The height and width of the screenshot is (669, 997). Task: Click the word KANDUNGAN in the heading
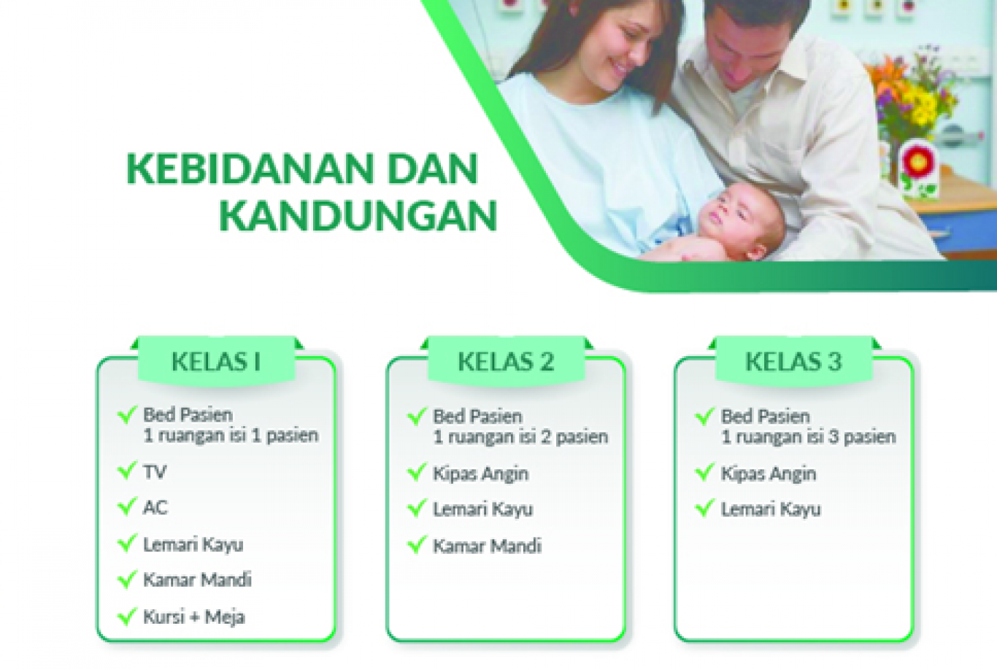tap(358, 216)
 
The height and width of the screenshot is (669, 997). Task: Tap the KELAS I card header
tap(216, 360)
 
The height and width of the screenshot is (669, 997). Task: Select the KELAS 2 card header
tap(506, 360)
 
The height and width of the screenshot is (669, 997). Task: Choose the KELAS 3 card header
tap(793, 360)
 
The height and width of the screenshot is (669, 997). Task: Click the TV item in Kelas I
tap(155, 471)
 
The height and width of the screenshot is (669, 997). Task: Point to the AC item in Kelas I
tap(155, 507)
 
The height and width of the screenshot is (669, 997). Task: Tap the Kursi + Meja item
tap(194, 617)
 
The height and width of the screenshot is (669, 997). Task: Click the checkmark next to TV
tap(127, 470)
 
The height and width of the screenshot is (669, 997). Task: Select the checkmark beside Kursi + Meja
tap(127, 616)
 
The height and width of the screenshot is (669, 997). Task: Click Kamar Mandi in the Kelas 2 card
tap(488, 546)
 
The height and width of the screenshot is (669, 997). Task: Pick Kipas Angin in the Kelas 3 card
tap(769, 474)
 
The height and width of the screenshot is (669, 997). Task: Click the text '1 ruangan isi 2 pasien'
tap(520, 437)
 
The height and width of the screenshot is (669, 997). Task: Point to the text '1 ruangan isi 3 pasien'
tap(808, 437)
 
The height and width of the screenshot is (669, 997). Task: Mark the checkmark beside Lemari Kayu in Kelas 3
tap(704, 508)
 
